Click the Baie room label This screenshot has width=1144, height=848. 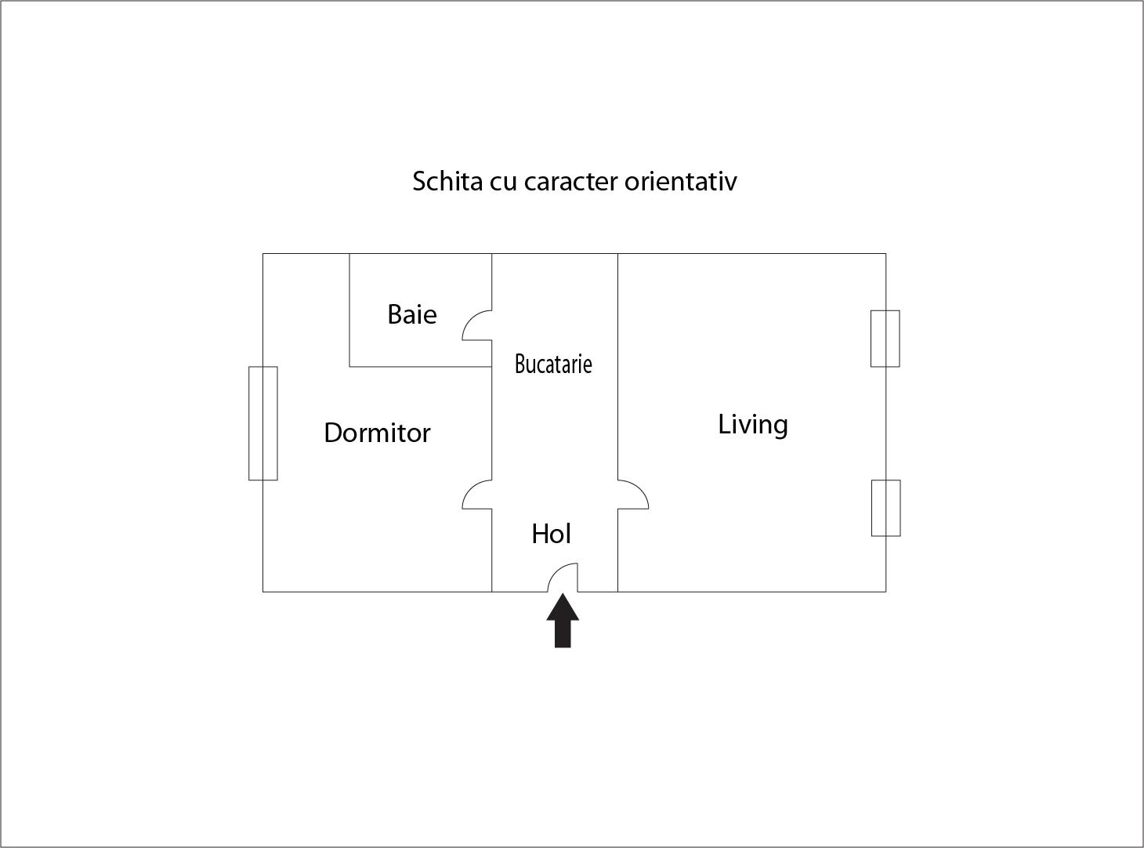point(412,314)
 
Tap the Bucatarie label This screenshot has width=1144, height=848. point(553,364)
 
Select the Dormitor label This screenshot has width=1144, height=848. point(377,433)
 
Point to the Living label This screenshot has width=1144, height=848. point(753,426)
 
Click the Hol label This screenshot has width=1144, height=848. point(551,534)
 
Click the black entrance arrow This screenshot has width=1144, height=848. point(563,621)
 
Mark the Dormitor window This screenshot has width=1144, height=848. point(263,423)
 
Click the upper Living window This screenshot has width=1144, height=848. point(885,339)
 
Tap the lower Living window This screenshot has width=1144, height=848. point(886,508)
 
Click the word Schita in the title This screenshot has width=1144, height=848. point(447,181)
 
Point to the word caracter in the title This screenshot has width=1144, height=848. point(570,182)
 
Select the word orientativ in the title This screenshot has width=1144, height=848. point(681,181)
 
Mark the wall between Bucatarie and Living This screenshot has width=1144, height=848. point(618,367)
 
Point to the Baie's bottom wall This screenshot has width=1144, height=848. point(420,367)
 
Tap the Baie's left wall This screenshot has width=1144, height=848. point(349,310)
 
